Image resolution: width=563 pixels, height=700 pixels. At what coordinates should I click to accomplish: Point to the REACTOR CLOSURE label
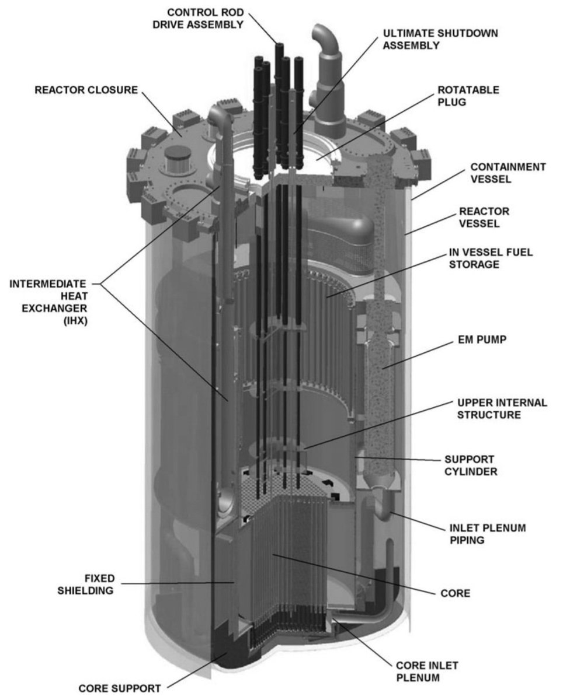pos(86,90)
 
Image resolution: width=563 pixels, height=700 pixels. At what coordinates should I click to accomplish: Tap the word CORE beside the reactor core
pos(456,594)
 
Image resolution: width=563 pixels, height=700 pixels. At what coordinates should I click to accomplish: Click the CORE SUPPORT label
pos(120,688)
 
